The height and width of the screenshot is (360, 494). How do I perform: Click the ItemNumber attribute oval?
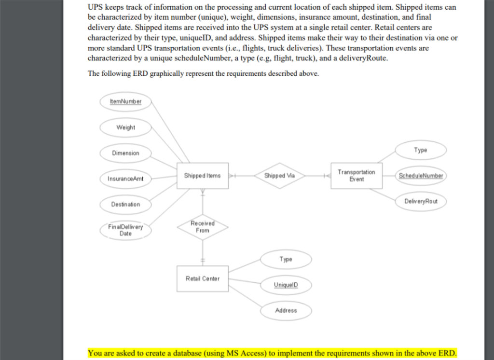coord(126,101)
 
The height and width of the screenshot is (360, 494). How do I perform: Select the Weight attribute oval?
coord(126,127)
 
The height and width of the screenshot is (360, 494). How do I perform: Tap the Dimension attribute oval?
coord(126,153)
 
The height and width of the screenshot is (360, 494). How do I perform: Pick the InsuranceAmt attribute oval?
coord(126,179)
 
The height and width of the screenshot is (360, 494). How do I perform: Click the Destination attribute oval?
coord(126,204)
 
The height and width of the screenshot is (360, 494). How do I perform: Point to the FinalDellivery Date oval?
coord(126,230)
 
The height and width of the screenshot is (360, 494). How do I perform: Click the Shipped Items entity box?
coord(203,176)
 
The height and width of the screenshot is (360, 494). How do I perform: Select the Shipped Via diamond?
coord(280,176)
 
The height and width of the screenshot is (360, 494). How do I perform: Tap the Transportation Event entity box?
coord(357,176)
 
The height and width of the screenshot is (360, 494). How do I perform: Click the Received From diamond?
coord(203,227)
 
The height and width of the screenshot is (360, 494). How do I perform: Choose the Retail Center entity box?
coord(203,278)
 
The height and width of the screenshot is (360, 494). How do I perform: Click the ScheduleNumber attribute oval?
coord(421,176)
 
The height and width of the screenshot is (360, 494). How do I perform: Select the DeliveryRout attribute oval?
coord(421,201)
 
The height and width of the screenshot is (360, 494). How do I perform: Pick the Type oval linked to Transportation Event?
coord(421,150)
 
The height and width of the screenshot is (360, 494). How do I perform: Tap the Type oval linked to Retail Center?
coord(286,259)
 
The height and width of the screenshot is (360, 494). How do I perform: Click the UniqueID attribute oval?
coord(286,285)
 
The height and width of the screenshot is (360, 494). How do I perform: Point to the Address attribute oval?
coord(286,310)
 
